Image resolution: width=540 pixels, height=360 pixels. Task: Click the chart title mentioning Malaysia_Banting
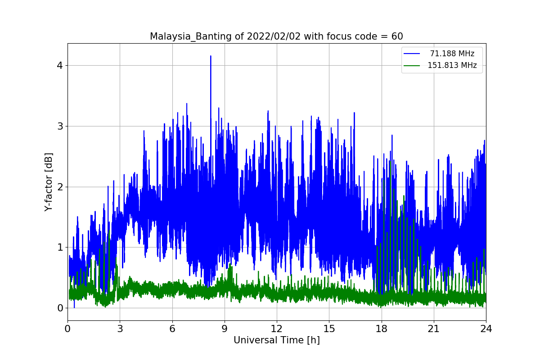click(x=276, y=36)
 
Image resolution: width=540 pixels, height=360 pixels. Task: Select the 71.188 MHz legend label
click(x=452, y=54)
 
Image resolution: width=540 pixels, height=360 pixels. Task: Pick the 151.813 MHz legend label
click(x=452, y=65)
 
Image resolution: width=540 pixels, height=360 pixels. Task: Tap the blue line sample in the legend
click(x=412, y=54)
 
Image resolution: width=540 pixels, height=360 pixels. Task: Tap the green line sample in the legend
click(x=412, y=66)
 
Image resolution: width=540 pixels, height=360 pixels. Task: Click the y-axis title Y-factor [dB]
click(x=49, y=182)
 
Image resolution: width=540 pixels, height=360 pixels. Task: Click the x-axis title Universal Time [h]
click(x=277, y=340)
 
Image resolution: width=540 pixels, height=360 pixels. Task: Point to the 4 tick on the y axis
click(x=60, y=65)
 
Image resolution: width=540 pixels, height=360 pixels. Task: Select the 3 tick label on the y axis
click(x=60, y=126)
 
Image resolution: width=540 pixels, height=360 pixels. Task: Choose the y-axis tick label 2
click(x=60, y=187)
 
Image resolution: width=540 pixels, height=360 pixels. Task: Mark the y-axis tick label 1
click(x=60, y=247)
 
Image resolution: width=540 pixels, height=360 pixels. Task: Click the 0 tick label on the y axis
click(x=60, y=308)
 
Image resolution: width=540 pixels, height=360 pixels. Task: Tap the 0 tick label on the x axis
click(x=68, y=328)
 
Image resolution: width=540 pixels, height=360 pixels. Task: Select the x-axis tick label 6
click(x=172, y=328)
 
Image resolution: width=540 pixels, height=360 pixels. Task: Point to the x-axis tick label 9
click(x=225, y=328)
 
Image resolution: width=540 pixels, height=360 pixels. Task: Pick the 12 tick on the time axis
click(x=277, y=328)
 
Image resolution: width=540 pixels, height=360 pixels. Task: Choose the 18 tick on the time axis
click(x=382, y=328)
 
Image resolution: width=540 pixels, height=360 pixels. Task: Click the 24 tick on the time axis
click(x=486, y=328)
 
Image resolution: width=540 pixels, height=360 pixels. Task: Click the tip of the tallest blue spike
click(x=211, y=56)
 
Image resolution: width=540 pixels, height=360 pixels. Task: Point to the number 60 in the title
click(x=397, y=36)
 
